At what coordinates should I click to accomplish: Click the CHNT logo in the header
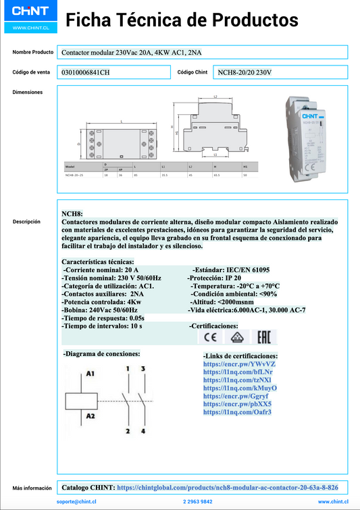[x=29, y=12]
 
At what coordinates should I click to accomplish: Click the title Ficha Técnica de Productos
[x=182, y=21]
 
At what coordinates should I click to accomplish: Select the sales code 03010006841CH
[x=85, y=72]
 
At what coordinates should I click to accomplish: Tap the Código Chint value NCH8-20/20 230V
[x=245, y=72]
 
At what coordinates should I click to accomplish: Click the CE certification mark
[x=211, y=337]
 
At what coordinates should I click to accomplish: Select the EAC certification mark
[x=260, y=337]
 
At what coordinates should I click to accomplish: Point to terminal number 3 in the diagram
[x=143, y=369]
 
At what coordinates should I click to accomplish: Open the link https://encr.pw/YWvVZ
[x=239, y=364]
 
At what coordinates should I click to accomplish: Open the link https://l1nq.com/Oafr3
[x=237, y=411]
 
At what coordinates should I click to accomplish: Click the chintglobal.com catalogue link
[x=227, y=486]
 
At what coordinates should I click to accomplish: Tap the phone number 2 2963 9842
[x=197, y=502]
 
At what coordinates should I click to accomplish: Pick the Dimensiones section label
[x=28, y=92]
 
